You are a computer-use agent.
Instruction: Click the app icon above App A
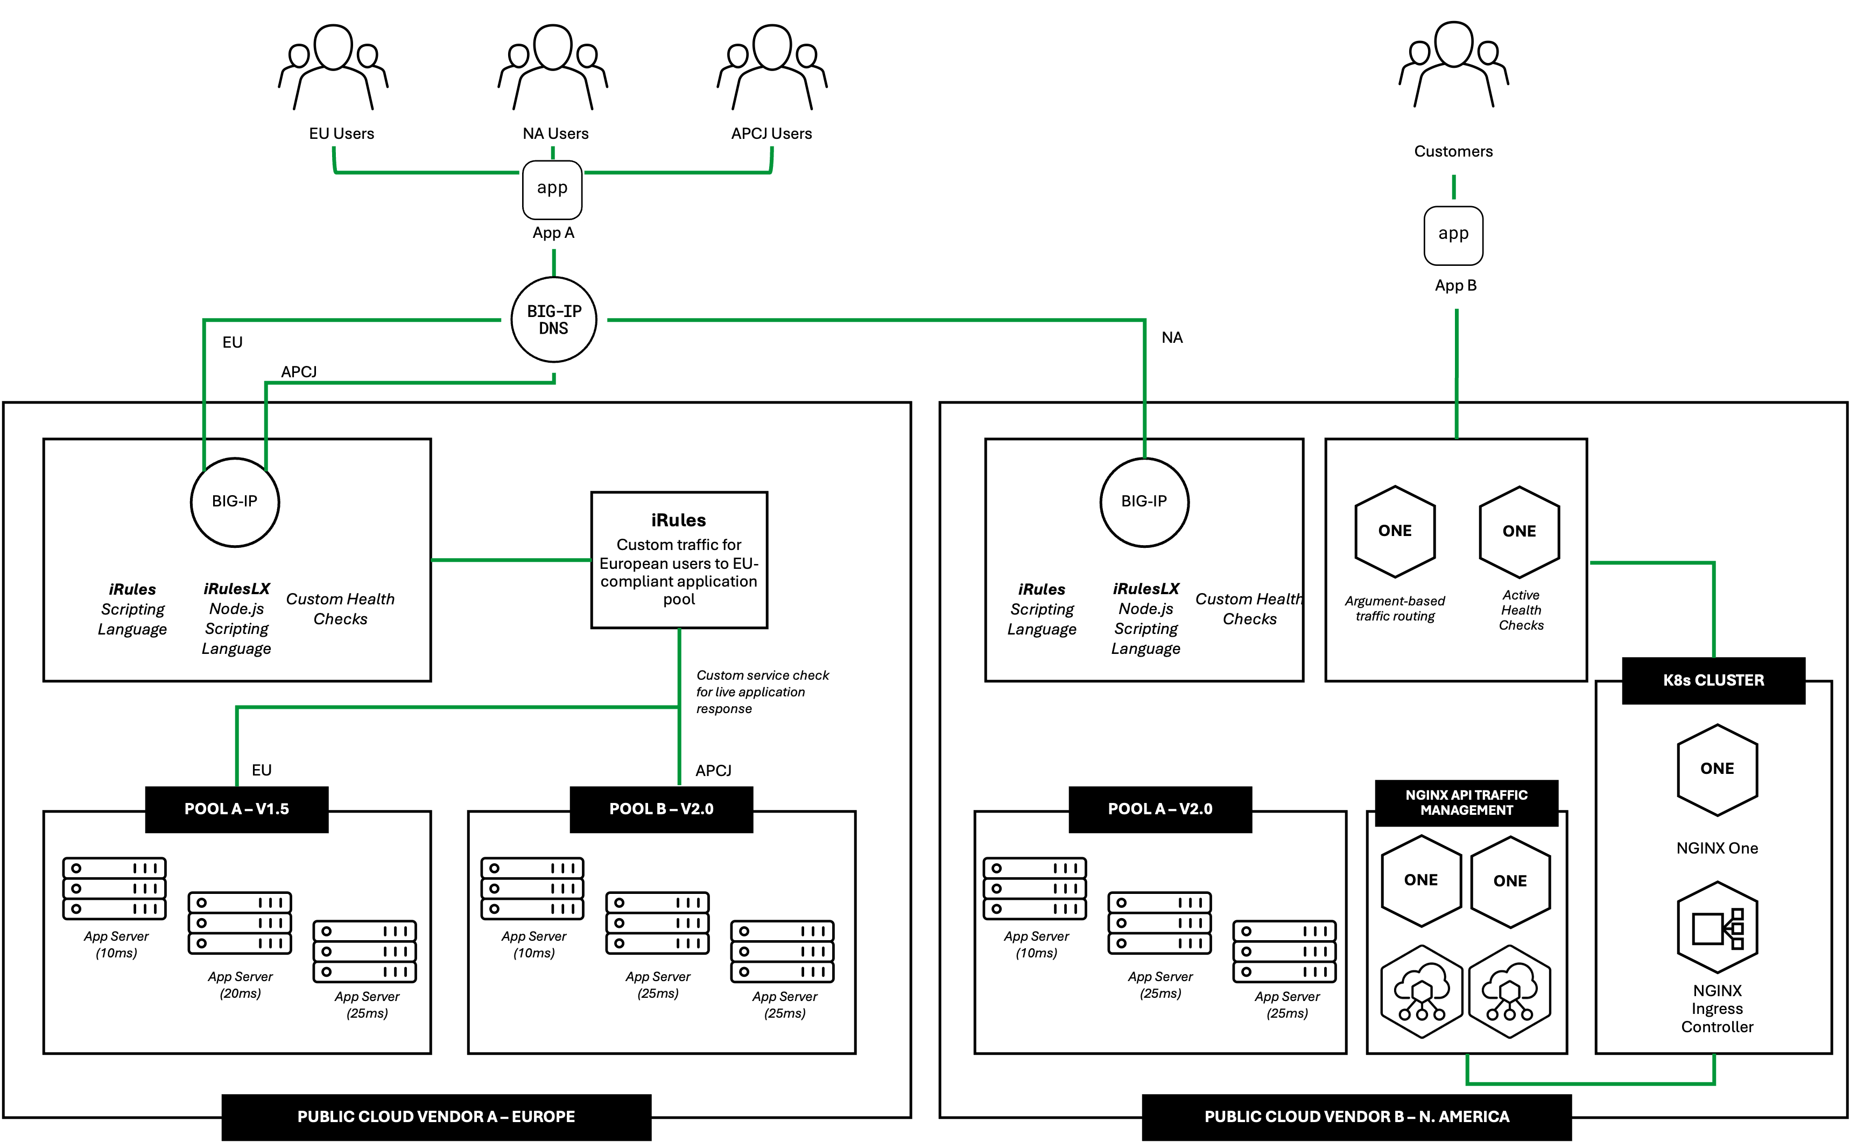tap(552, 189)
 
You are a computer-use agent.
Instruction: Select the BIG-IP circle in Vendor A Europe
tap(235, 502)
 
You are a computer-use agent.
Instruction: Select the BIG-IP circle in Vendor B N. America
tap(1144, 502)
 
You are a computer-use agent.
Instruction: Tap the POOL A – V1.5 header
tap(236, 809)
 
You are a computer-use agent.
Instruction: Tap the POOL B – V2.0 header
tap(661, 809)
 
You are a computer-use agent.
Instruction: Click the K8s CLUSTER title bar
tap(1713, 680)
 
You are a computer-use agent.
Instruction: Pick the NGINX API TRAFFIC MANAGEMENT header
tap(1466, 803)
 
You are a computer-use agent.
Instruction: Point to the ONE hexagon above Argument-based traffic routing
tap(1395, 531)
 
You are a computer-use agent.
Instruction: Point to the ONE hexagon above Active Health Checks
tap(1519, 532)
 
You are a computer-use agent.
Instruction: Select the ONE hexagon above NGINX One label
tap(1717, 770)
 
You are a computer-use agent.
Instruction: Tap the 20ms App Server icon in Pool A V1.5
tap(240, 923)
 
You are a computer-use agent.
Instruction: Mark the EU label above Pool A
tap(262, 771)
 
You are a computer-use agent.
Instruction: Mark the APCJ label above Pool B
tap(713, 771)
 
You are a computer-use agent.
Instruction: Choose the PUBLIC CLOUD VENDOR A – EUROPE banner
tap(436, 1116)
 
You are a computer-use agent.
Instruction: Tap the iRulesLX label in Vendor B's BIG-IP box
tap(1145, 589)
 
